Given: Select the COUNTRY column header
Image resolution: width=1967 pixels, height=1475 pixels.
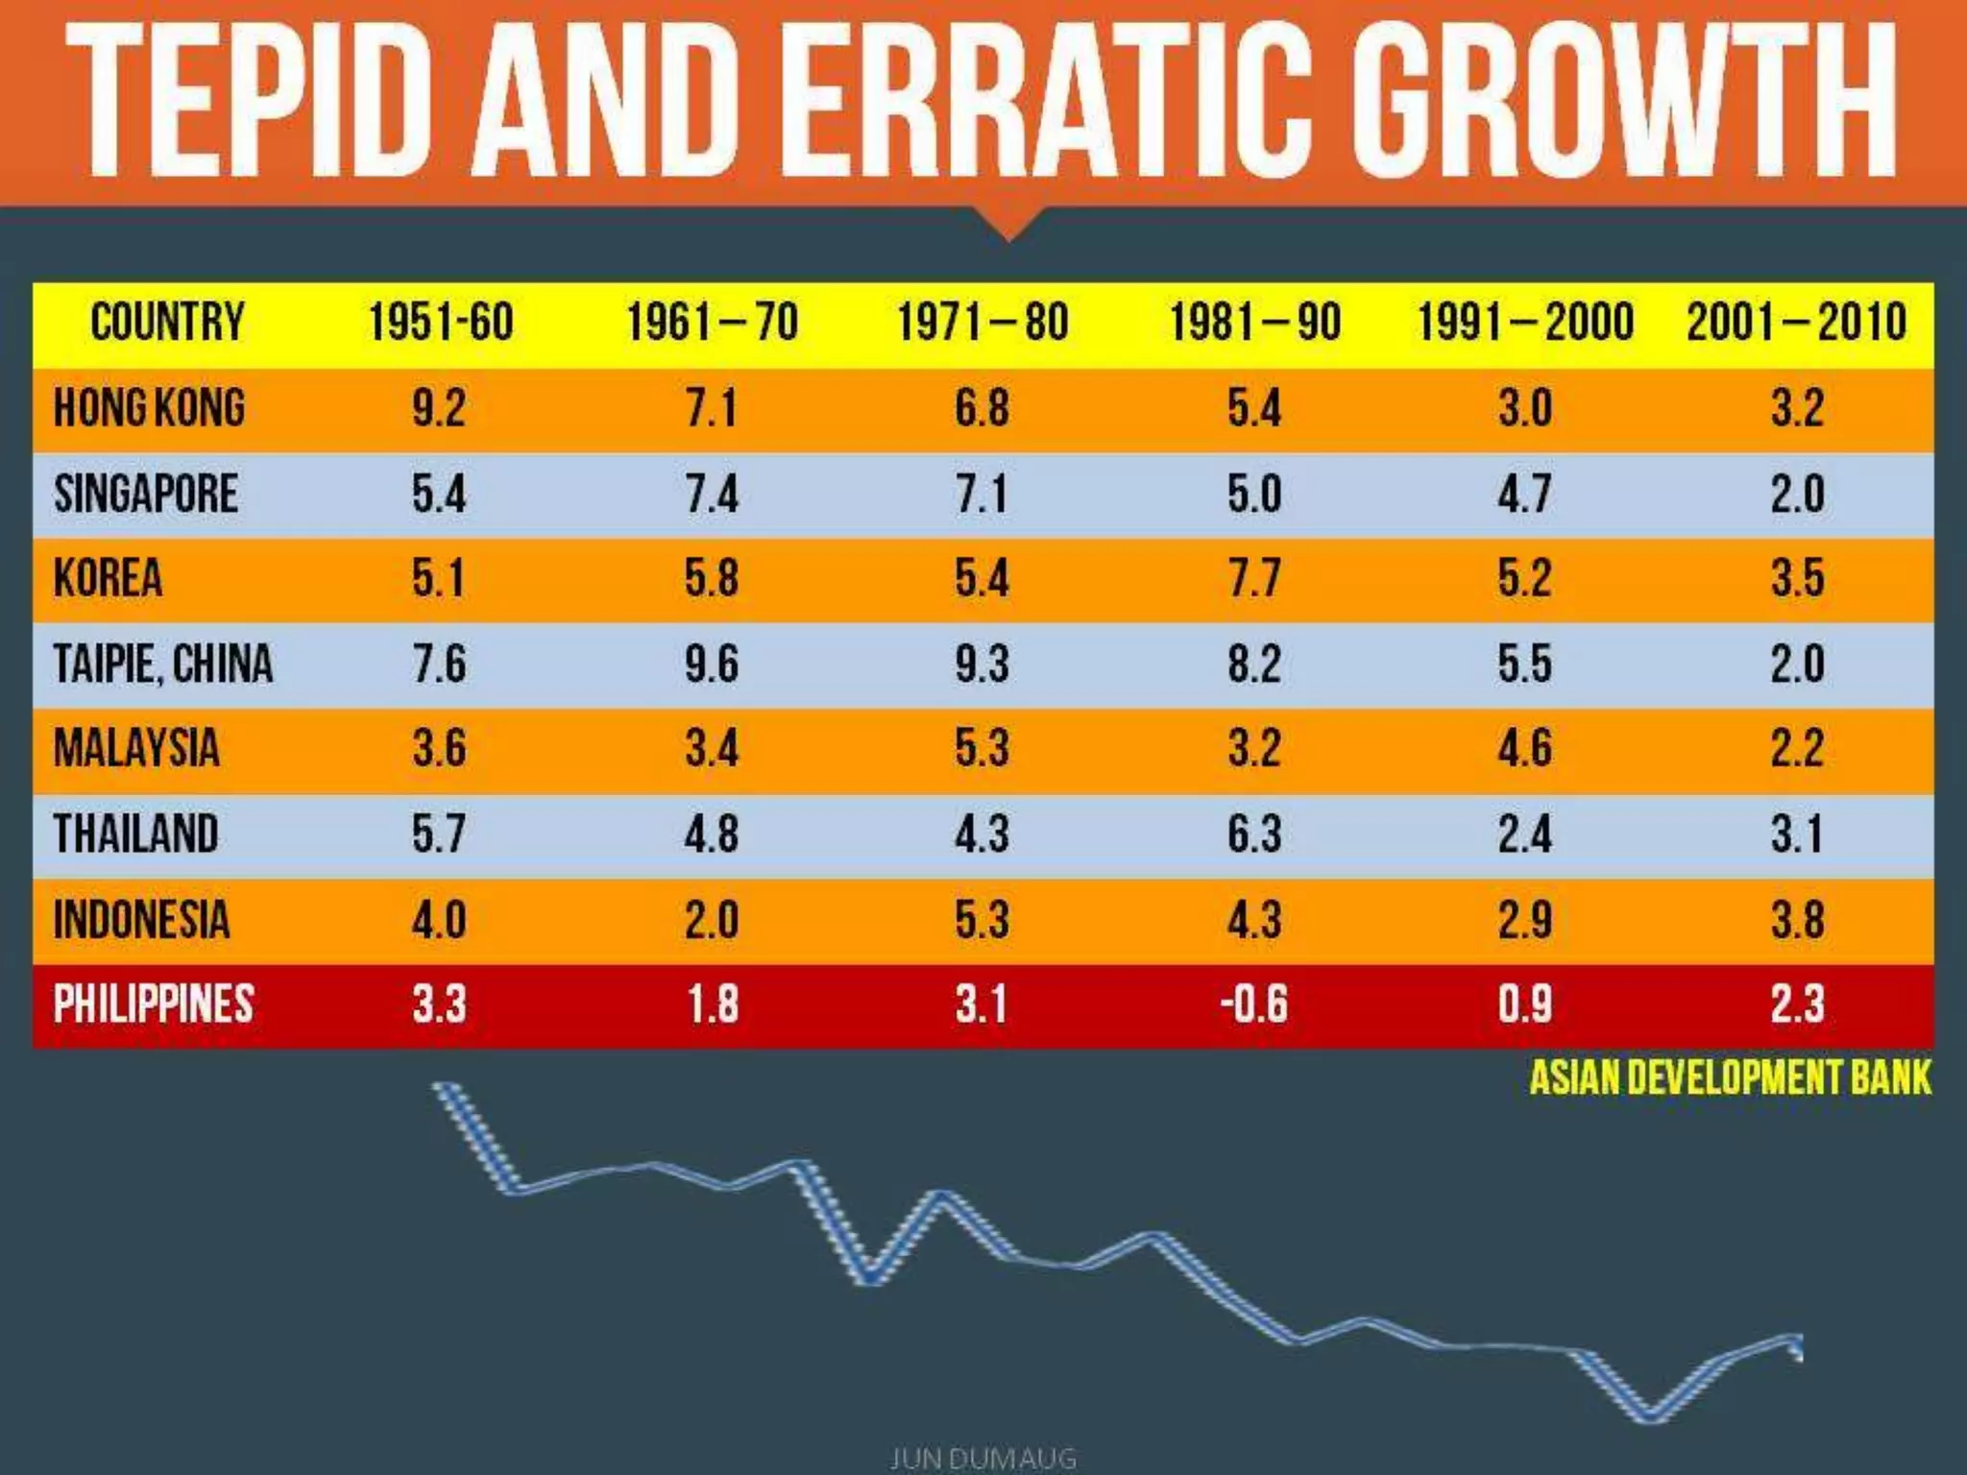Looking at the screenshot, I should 167,322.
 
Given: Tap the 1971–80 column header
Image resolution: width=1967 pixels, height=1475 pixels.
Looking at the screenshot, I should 983,322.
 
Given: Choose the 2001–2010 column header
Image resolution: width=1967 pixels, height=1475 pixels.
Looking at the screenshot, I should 1796,322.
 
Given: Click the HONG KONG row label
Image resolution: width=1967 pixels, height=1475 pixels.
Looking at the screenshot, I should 150,407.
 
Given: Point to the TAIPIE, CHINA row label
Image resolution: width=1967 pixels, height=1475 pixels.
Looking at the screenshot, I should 163,664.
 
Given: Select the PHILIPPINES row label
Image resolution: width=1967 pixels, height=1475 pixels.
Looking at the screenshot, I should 154,1004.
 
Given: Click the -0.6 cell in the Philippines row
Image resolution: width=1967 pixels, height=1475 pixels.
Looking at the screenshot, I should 1253,1004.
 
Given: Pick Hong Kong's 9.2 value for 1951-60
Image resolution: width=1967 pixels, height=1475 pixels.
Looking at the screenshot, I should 439,408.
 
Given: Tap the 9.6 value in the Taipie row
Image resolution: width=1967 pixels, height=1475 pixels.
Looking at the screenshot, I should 712,664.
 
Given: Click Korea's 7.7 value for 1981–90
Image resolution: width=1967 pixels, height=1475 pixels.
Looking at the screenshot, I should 1253,578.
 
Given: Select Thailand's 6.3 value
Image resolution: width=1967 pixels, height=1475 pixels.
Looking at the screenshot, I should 1253,834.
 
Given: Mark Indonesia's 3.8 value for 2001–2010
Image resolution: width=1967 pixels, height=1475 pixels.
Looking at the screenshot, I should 1797,919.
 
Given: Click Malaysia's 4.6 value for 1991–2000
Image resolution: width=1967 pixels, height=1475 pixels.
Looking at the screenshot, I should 1524,748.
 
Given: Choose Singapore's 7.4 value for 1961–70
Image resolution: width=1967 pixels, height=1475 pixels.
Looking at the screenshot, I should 712,494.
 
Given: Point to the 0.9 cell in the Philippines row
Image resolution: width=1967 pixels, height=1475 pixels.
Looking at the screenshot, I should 1524,1004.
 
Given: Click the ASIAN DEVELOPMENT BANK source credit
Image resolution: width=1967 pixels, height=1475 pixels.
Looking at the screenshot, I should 1729,1077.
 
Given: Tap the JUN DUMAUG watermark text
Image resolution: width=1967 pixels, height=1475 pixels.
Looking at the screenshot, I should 983,1459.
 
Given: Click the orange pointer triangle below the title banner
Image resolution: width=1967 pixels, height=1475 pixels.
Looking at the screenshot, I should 1008,224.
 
